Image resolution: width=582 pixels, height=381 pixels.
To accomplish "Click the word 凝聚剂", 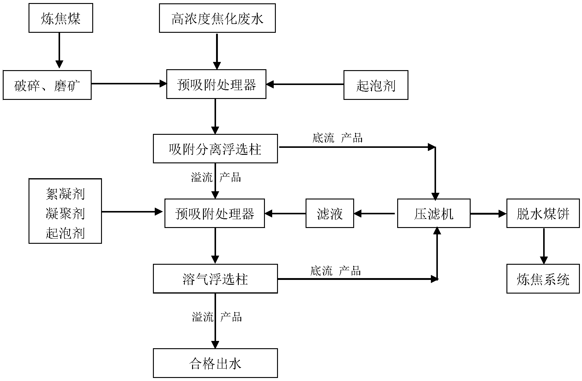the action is (65, 213).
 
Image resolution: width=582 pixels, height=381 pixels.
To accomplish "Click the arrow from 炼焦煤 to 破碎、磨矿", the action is (59, 50).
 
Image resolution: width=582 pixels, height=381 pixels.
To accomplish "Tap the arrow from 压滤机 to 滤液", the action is (374, 214).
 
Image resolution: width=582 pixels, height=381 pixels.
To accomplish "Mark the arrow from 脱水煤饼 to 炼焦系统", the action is (544, 246).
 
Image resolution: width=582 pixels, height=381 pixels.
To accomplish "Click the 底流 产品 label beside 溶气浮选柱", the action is (335, 270).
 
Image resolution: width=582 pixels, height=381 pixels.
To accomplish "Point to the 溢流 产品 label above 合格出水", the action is (217, 317).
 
